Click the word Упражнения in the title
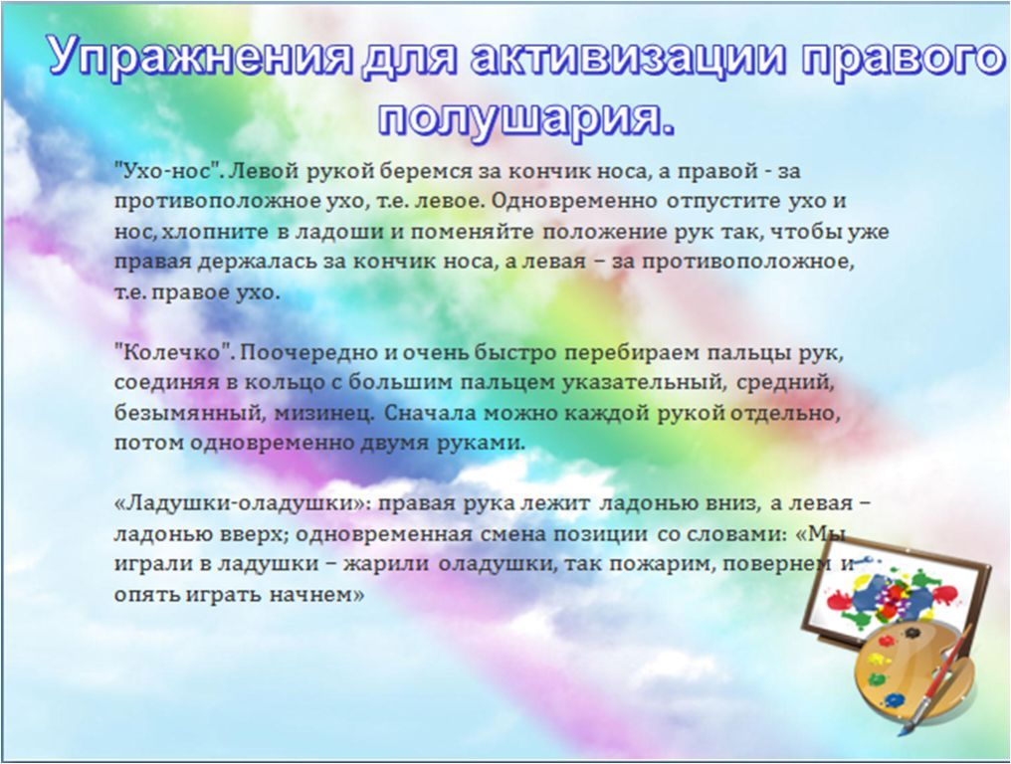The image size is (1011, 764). [x=201, y=56]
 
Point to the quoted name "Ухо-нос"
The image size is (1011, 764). [x=168, y=171]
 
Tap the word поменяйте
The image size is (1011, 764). [x=472, y=232]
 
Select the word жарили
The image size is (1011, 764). [x=386, y=563]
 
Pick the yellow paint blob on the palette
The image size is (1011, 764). [x=880, y=661]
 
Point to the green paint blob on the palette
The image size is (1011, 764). [x=878, y=678]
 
